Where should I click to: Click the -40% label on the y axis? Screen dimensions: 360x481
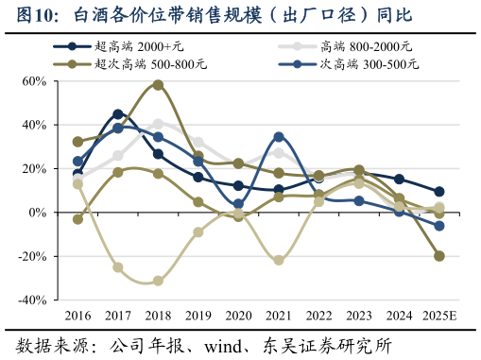tap(30, 300)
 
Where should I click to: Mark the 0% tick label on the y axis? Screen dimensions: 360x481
tap(37, 213)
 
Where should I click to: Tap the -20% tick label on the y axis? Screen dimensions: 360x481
tap(30, 257)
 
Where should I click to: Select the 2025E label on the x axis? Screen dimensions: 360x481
tap(438, 315)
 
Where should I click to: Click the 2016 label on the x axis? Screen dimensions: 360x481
tap(77, 315)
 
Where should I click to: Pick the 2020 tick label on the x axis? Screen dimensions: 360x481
tap(238, 315)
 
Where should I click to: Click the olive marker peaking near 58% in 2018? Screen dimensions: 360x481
tap(158, 85)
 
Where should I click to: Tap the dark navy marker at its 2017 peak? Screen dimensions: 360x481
tap(118, 114)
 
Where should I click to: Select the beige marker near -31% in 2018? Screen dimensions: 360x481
tap(158, 281)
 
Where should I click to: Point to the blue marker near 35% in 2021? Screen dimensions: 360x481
tap(278, 137)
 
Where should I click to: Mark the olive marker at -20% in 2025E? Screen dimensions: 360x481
tap(438, 256)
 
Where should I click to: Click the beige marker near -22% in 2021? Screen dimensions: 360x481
tap(278, 260)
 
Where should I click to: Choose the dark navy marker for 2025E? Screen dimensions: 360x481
tap(438, 192)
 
